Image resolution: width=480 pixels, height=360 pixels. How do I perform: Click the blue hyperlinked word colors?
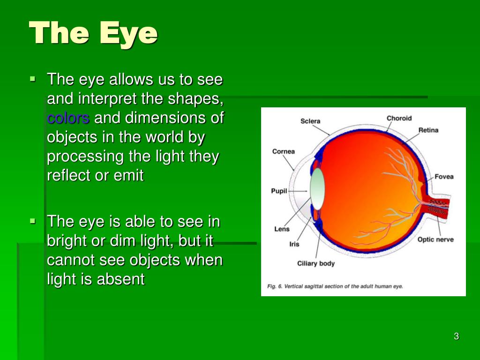[68, 118]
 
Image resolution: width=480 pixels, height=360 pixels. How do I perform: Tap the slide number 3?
[456, 336]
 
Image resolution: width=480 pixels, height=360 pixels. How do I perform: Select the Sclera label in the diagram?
[310, 121]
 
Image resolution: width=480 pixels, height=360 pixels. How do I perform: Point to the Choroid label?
[399, 118]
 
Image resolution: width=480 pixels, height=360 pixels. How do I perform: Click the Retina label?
[428, 130]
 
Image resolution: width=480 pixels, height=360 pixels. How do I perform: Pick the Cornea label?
[284, 151]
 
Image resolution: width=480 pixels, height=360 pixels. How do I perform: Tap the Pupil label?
[279, 191]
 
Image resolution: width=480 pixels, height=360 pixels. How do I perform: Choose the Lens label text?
[282, 229]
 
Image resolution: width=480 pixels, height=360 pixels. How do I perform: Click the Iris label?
[294, 244]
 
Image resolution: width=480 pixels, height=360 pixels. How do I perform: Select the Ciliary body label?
[316, 263]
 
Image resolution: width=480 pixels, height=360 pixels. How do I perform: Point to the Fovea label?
[444, 177]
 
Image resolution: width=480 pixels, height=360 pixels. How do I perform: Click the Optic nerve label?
[435, 240]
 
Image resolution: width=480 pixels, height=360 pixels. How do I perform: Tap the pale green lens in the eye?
[317, 188]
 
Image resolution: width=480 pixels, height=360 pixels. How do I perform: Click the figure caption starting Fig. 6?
[335, 286]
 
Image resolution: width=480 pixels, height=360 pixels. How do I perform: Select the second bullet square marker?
[32, 220]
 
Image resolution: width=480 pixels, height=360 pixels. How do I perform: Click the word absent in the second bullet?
[121, 279]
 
